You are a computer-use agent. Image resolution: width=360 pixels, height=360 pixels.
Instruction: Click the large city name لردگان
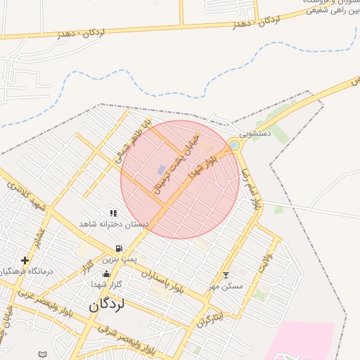click(x=107, y=305)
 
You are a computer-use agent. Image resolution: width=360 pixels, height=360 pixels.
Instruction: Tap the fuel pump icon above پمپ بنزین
click(x=119, y=248)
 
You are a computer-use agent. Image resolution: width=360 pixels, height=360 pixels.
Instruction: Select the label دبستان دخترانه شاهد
click(x=114, y=224)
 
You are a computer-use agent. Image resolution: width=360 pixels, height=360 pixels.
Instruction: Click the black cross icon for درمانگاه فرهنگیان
click(x=25, y=260)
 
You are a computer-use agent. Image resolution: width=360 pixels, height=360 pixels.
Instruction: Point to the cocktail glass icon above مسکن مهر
click(x=226, y=275)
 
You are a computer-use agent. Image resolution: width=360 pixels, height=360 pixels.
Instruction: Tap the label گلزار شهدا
click(x=107, y=284)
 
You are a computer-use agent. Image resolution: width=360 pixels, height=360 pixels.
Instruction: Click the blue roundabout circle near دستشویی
click(x=234, y=145)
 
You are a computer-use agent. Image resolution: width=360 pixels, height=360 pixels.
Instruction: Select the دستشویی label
click(x=254, y=133)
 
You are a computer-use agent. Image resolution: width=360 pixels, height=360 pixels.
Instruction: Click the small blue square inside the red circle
click(x=161, y=169)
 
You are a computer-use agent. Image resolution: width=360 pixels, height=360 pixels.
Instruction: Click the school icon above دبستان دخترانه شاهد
click(x=113, y=212)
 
